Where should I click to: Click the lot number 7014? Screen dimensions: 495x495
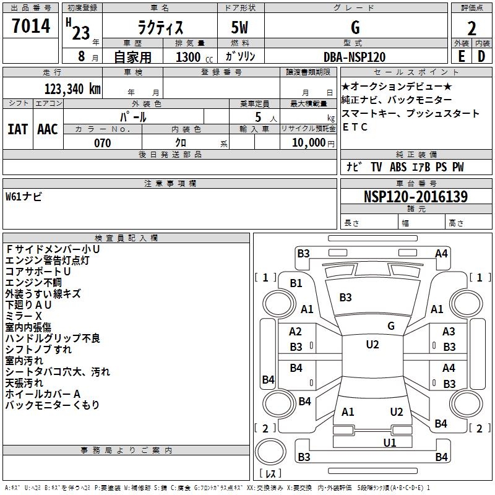coord(31,27)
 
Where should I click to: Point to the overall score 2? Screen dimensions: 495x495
coord(471,28)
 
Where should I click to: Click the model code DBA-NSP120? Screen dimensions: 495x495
coord(355,57)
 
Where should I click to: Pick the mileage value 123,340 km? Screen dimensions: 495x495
coord(72,88)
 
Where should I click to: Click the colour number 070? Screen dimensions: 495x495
coord(102,143)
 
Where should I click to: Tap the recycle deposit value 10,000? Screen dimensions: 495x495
coord(308,143)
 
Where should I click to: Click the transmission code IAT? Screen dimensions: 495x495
coord(17,129)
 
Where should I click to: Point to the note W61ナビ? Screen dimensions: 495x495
coord(24,197)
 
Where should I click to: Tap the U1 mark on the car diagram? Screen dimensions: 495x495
coord(389,442)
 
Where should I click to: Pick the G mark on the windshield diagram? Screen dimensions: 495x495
coord(390,326)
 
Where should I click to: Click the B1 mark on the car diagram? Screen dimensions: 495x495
coord(296,283)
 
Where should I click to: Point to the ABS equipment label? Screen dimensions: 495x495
coord(398,167)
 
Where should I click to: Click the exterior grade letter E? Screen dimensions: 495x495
coord(461,57)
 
